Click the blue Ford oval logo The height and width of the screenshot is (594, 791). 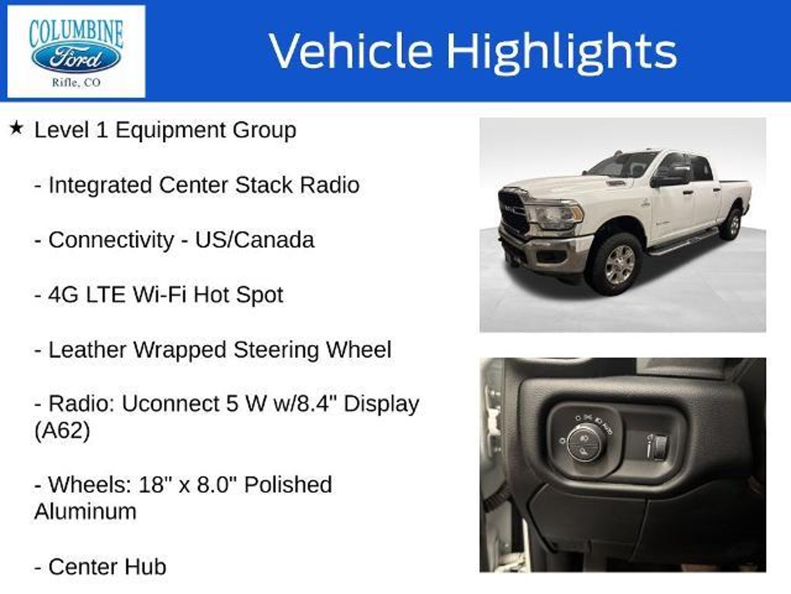pyautogui.click(x=76, y=59)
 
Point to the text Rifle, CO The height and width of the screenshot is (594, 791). pyautogui.click(x=76, y=83)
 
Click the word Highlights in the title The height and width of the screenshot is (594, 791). pyautogui.click(x=562, y=51)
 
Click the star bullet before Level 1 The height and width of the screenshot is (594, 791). pyautogui.click(x=16, y=128)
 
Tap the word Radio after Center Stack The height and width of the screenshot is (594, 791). pyautogui.click(x=329, y=185)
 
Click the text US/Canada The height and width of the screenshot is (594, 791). pyautogui.click(x=255, y=240)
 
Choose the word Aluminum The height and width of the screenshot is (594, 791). pyautogui.click(x=85, y=512)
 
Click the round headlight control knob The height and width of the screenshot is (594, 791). pyautogui.click(x=583, y=448)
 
